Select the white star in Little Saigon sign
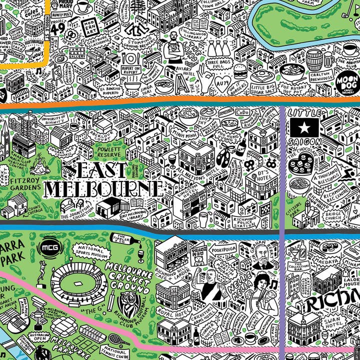point(303,128)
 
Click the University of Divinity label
point(56,119)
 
